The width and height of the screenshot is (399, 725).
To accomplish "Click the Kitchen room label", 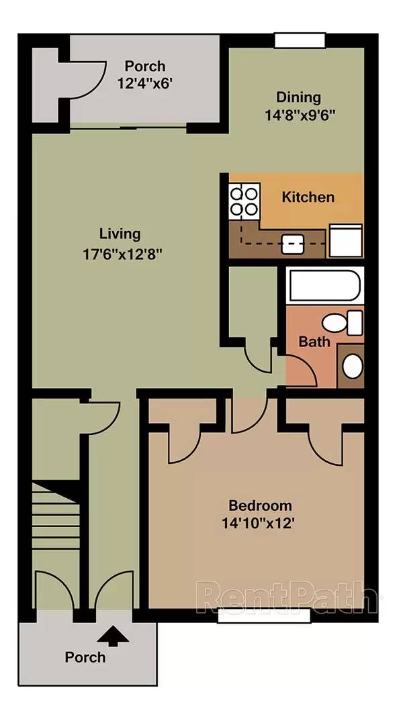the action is tap(308, 197).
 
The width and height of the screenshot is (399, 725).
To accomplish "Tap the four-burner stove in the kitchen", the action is tap(244, 201).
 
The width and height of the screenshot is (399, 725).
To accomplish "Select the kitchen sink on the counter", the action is tap(292, 243).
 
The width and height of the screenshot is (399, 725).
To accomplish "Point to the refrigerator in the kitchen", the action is tap(345, 240).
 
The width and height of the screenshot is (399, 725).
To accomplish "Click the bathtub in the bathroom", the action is tap(324, 285).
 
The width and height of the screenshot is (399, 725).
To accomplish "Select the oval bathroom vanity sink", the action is tap(353, 366).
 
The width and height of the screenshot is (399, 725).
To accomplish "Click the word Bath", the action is tap(314, 342).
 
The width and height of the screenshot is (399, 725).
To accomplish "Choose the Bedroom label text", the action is tap(260, 505).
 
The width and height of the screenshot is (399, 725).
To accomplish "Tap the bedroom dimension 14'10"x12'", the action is tap(259, 524).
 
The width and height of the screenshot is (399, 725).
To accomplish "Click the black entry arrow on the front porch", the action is tap(113, 636).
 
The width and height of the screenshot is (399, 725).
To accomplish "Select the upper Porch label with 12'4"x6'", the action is tap(144, 75).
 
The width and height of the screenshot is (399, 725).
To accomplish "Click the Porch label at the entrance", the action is tap(85, 657).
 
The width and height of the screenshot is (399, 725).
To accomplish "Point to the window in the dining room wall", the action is tap(300, 41).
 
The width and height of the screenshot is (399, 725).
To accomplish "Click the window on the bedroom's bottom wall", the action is tap(264, 616).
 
